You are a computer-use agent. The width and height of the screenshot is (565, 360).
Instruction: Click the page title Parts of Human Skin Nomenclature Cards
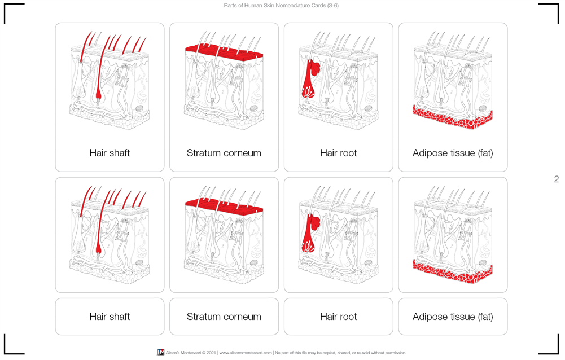(281, 6)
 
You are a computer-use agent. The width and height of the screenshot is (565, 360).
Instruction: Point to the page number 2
(556, 179)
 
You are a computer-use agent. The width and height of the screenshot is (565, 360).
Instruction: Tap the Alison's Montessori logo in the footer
(160, 353)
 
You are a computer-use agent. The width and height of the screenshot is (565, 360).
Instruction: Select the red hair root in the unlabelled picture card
(309, 232)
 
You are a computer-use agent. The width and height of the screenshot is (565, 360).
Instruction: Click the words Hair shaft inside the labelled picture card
(110, 153)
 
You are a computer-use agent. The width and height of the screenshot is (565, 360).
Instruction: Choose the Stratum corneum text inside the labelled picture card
(224, 153)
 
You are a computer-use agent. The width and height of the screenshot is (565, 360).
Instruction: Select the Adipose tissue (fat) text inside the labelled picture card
(453, 153)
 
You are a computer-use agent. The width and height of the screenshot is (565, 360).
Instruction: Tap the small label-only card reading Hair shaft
(110, 317)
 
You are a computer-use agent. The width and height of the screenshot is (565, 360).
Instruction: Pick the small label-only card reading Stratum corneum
(224, 317)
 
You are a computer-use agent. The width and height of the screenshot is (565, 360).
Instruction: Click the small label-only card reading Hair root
(338, 317)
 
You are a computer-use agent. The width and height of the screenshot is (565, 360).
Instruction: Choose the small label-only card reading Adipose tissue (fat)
(453, 317)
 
